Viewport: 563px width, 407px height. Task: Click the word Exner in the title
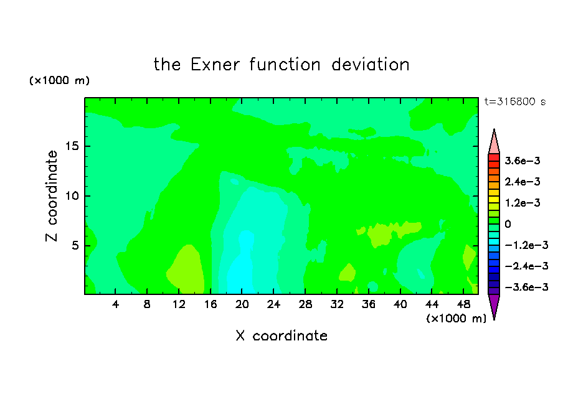215,65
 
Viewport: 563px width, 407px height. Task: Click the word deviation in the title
370,65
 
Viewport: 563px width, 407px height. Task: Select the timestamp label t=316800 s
515,102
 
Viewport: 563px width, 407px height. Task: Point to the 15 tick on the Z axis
72,146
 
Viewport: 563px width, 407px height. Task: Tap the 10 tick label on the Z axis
72,196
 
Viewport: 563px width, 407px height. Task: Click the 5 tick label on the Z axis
75,246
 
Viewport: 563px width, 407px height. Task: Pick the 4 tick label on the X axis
115,305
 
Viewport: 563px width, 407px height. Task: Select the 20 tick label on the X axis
242,305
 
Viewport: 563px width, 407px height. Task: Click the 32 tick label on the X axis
337,305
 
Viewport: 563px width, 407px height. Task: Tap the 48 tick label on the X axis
463,305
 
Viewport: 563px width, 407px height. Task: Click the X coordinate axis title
281,336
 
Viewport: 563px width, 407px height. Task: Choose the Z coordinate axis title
52,196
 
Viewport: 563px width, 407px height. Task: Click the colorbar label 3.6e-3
523,161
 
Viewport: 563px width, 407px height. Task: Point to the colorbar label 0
508,224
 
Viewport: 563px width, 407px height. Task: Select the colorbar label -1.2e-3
526,245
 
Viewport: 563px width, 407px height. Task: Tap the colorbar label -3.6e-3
526,287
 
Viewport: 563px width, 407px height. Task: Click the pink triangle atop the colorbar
494,144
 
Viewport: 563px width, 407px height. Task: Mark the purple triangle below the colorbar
494,305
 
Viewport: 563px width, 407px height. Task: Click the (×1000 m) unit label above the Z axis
59,80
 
